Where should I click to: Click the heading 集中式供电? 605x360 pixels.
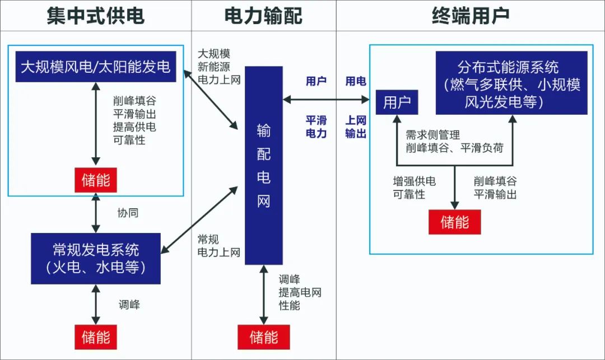(95, 16)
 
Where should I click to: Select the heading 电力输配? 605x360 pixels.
(263, 16)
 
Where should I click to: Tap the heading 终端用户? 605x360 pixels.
(471, 16)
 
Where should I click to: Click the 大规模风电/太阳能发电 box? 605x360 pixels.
(96, 67)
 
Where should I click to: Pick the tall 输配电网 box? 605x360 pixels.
(263, 165)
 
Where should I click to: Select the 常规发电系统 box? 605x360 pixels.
(96, 258)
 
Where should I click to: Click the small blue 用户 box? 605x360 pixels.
(397, 102)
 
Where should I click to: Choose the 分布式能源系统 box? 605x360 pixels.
(511, 83)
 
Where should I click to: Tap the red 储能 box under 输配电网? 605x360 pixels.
(263, 337)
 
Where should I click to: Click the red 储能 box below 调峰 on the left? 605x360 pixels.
(96, 337)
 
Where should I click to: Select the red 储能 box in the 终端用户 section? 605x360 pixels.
(454, 222)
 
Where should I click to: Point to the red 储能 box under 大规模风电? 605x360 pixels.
(96, 180)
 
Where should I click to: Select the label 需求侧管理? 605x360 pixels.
(432, 135)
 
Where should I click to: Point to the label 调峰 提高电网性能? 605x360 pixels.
(300, 292)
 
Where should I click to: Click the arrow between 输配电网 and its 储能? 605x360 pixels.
(263, 296)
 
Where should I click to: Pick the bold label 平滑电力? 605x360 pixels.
(316, 127)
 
